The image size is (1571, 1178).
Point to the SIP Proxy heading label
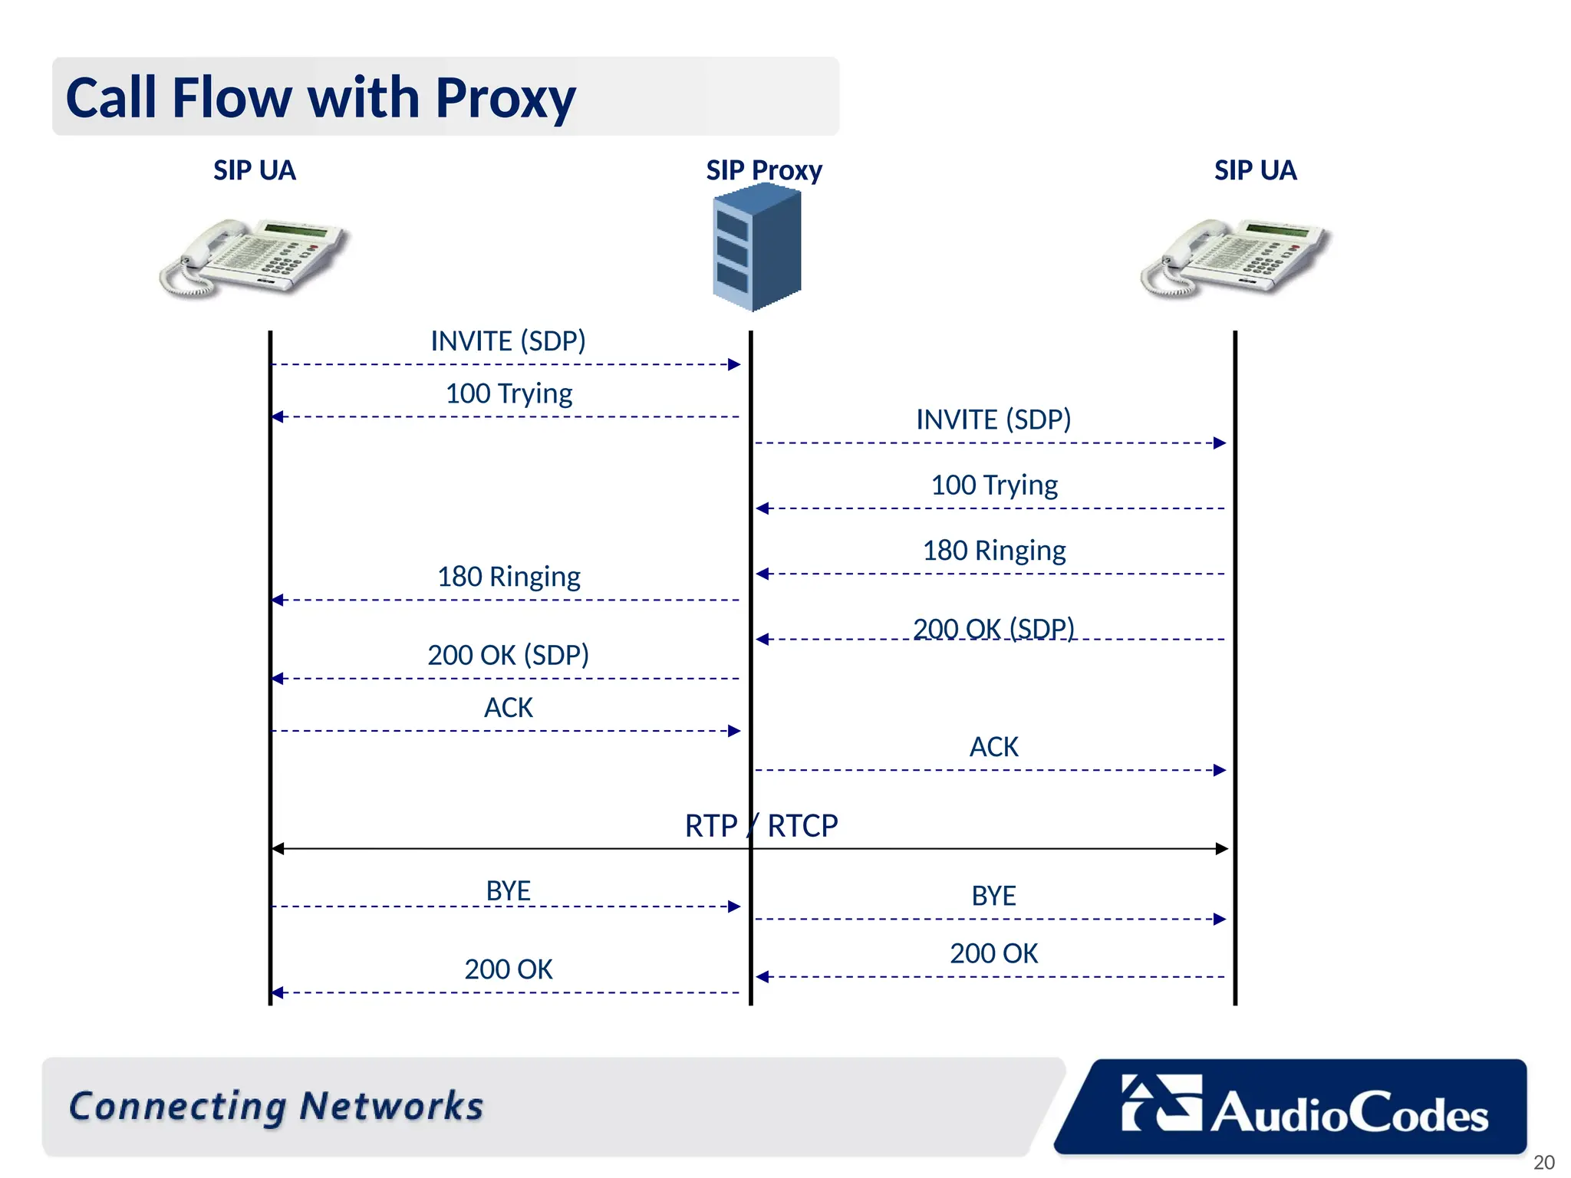pyautogui.click(x=763, y=170)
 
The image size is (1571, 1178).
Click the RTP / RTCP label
pyautogui.click(x=761, y=826)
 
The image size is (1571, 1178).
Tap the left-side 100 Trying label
pyautogui.click(x=509, y=393)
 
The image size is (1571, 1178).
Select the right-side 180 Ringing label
pyautogui.click(x=993, y=551)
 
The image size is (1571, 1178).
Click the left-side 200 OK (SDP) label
pyautogui.click(x=508, y=655)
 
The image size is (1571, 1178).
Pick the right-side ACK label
pyautogui.click(x=993, y=747)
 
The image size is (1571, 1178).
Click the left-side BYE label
pyautogui.click(x=508, y=891)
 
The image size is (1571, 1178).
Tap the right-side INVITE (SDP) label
pyautogui.click(x=993, y=420)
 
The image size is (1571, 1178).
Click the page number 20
pyautogui.click(x=1543, y=1162)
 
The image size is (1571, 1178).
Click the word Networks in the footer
pyautogui.click(x=391, y=1106)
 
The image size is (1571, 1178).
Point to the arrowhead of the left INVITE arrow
pyautogui.click(x=735, y=364)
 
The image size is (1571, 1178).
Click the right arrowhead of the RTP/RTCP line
pyautogui.click(x=1222, y=848)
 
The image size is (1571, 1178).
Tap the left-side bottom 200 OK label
pyautogui.click(x=508, y=969)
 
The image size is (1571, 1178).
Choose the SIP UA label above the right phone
pyautogui.click(x=1255, y=170)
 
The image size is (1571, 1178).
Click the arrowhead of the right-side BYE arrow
pyautogui.click(x=1220, y=919)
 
